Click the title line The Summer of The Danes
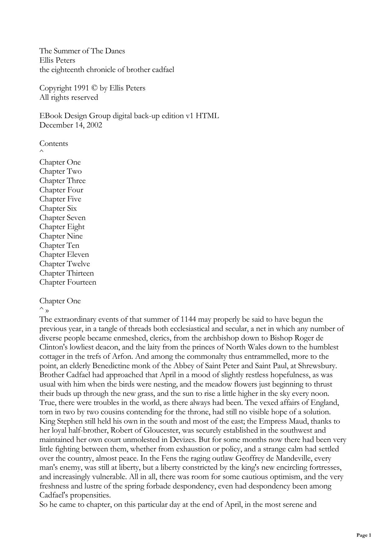pos(82,51)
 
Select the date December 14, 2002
pos(71,125)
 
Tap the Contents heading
pos(54,144)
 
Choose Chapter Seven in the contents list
pos(62,218)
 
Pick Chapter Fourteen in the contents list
pos(68,282)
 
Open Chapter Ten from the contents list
pos(59,245)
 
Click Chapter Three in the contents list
pos(62,181)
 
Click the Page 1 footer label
pos(364,535)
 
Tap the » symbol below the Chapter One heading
pos(47,311)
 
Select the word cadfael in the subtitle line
pos(163,70)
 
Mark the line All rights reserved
pos(68,98)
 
